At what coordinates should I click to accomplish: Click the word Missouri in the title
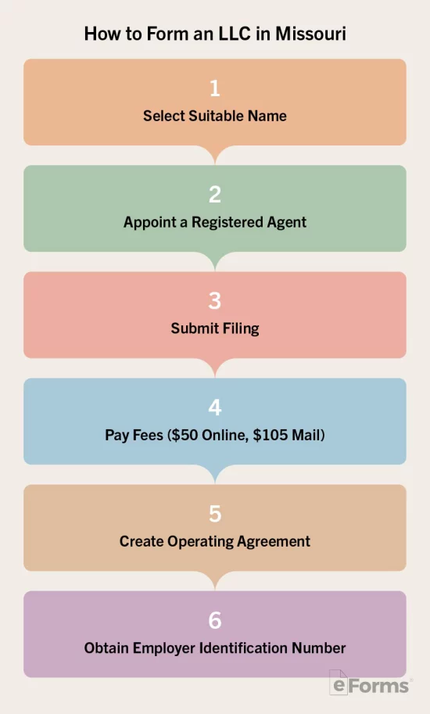point(310,34)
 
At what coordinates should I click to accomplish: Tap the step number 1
point(215,88)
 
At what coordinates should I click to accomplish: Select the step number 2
point(215,195)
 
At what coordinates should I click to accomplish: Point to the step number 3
point(215,301)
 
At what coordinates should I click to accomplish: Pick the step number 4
point(215,407)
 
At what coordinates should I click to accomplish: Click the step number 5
point(215,514)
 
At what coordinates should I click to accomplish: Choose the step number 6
point(215,620)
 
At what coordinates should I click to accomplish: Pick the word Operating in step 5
point(200,541)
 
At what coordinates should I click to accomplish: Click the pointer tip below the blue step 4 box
point(215,483)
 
